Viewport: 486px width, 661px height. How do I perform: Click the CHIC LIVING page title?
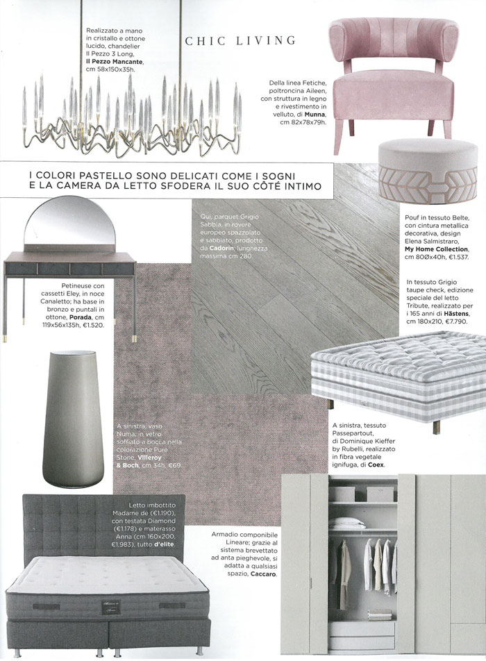coord(240,41)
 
